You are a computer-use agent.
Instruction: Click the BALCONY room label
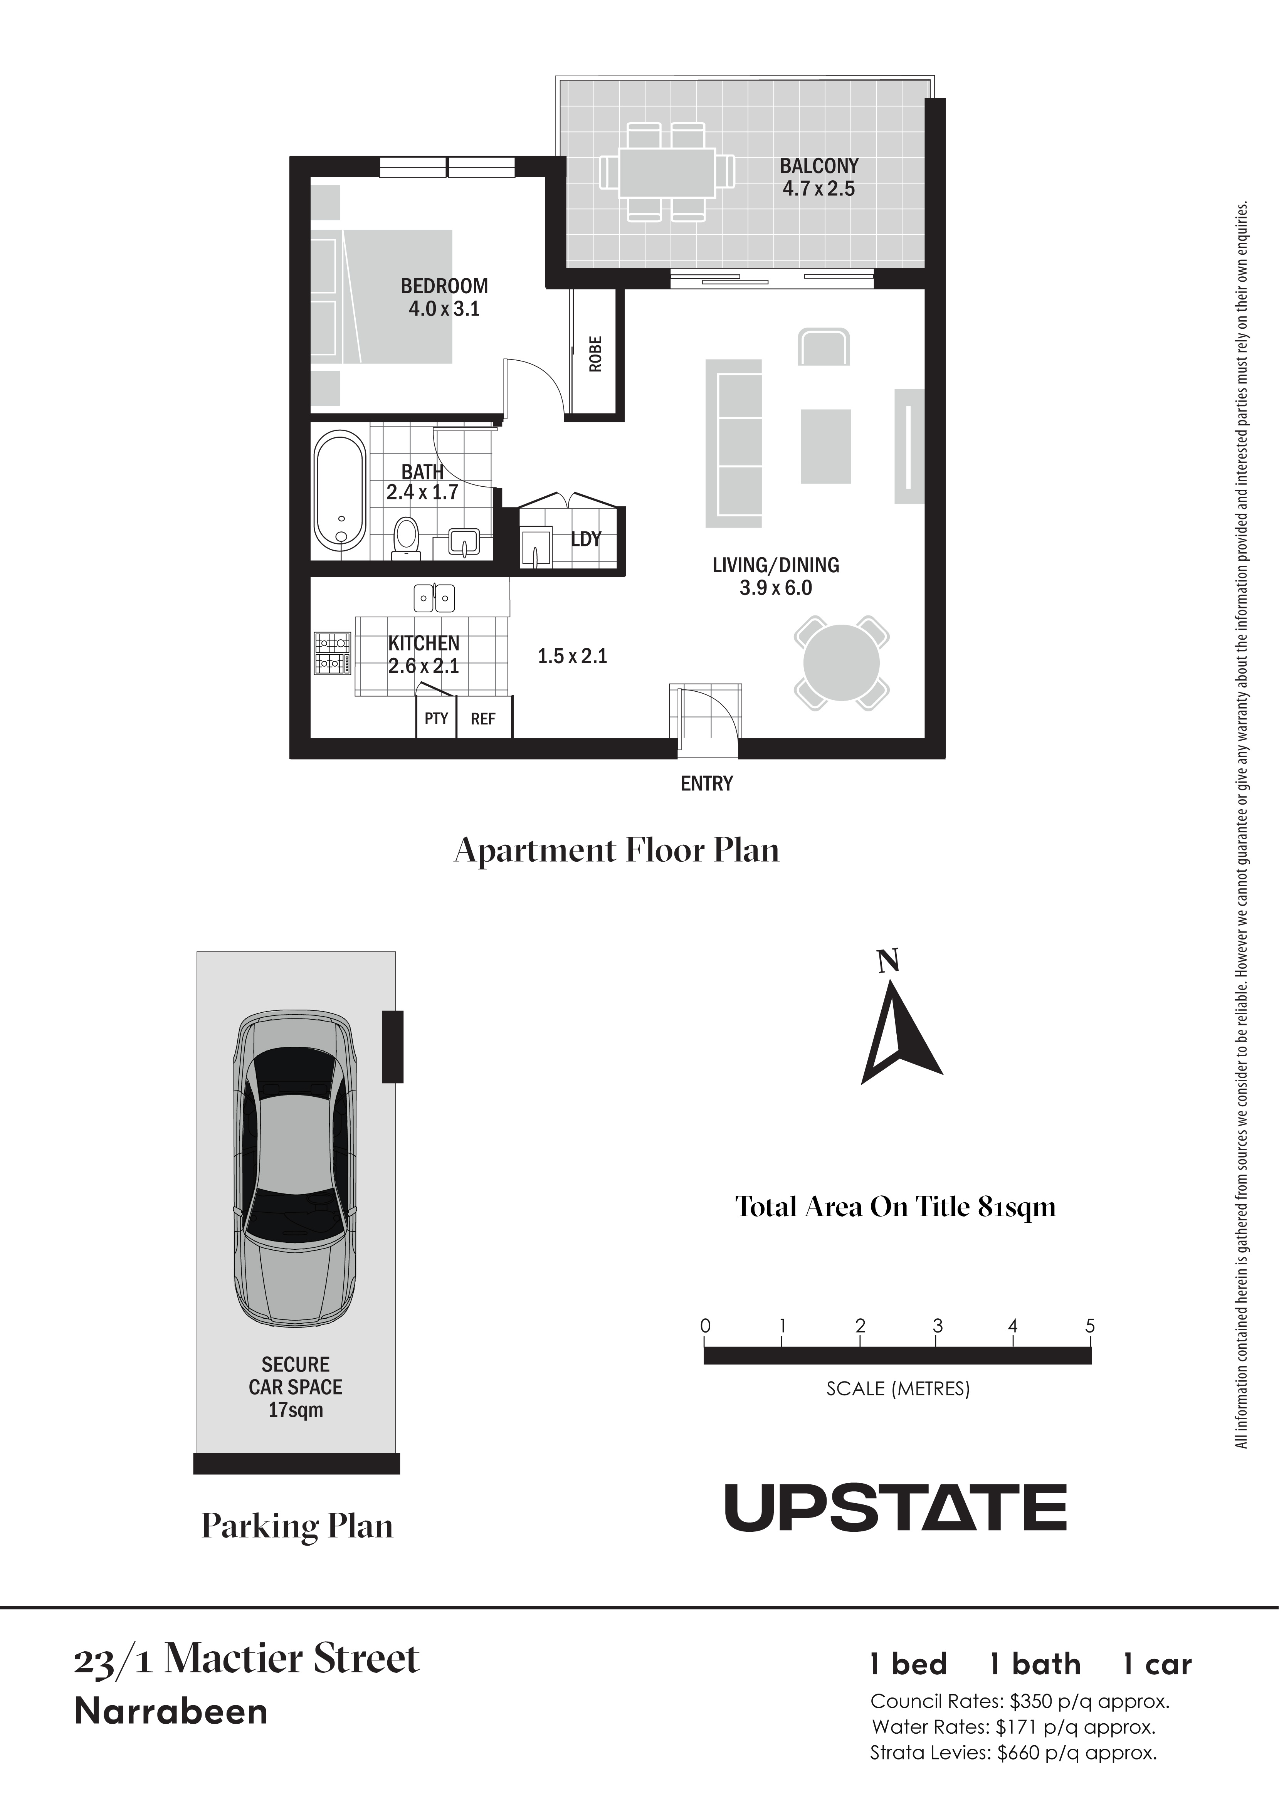819,166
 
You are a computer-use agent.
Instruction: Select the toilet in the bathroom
406,538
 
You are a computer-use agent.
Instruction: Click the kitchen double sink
434,598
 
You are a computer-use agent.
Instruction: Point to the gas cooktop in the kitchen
333,653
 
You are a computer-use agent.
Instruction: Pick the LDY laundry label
586,539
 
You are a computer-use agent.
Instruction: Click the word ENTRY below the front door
707,783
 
